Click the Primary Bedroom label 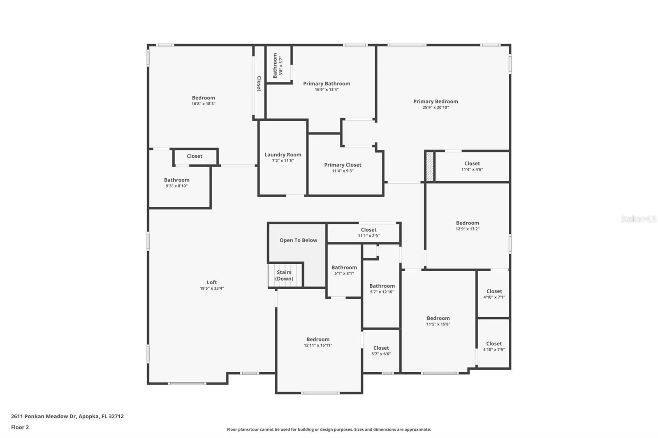pyautogui.click(x=436, y=101)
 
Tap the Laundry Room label pyautogui.click(x=283, y=155)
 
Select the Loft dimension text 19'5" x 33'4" pyautogui.click(x=212, y=288)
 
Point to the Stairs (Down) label pyautogui.click(x=284, y=276)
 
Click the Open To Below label pyautogui.click(x=298, y=240)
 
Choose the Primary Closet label pyautogui.click(x=343, y=165)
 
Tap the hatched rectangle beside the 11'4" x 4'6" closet pyautogui.click(x=429, y=166)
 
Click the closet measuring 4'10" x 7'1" pyautogui.click(x=494, y=294)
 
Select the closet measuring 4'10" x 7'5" pyautogui.click(x=494, y=346)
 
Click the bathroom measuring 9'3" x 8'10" pyautogui.click(x=177, y=182)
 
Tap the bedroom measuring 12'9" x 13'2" pyautogui.click(x=468, y=226)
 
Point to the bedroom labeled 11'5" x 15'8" pyautogui.click(x=438, y=321)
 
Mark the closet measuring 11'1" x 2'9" pyautogui.click(x=368, y=233)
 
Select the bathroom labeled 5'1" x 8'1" pyautogui.click(x=344, y=270)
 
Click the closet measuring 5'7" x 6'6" pyautogui.click(x=381, y=350)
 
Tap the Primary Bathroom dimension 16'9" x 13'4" pyautogui.click(x=327, y=90)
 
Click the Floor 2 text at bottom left pyautogui.click(x=20, y=427)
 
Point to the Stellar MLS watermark pyautogui.click(x=638, y=219)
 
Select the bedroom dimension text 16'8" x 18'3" pyautogui.click(x=204, y=104)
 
